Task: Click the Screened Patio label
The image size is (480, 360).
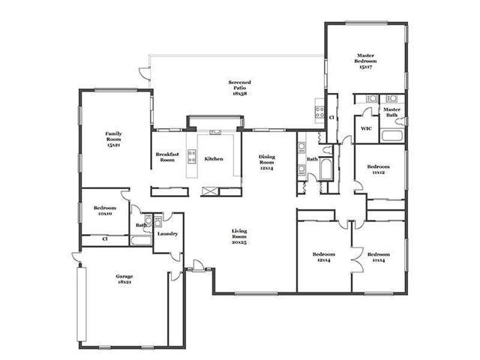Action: [x=240, y=88]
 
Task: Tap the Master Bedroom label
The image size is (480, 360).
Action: [x=365, y=61]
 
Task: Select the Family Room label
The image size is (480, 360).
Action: [x=113, y=139]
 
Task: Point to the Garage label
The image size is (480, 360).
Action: [x=124, y=279]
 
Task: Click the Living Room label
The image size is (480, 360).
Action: [x=239, y=236]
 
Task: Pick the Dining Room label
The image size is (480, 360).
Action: [x=267, y=162]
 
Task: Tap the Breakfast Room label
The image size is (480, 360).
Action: [x=167, y=157]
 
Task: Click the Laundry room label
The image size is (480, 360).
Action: [x=167, y=234]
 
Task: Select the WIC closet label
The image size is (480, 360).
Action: [x=366, y=128]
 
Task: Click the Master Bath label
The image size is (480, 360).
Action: [x=391, y=112]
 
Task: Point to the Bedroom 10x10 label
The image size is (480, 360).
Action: [x=105, y=211]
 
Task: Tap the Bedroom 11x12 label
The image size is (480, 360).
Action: [x=378, y=169]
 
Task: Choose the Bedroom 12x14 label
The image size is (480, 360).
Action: [x=323, y=257]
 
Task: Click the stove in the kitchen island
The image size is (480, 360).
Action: [x=192, y=157]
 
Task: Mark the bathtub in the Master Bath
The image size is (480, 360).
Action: [x=391, y=136]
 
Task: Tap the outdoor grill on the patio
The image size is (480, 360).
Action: [x=320, y=112]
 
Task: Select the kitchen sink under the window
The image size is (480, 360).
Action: [x=215, y=132]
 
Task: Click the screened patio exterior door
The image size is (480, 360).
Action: [x=144, y=73]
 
